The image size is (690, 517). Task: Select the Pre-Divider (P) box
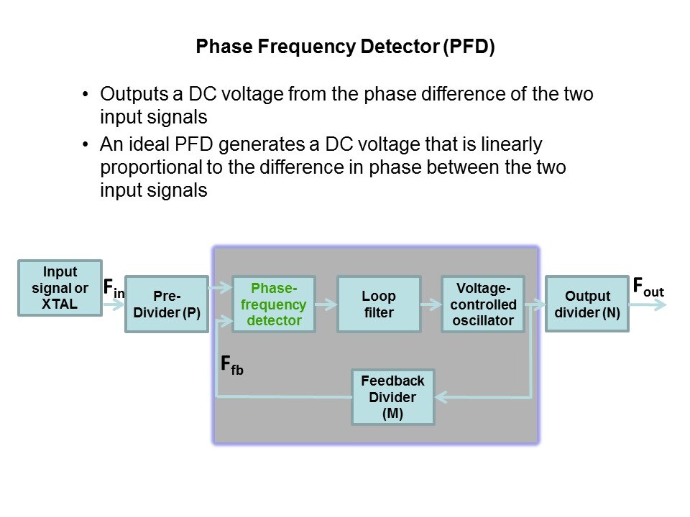(167, 304)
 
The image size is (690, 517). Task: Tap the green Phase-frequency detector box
(274, 304)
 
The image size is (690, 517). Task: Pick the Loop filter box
(379, 304)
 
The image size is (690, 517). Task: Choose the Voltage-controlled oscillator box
(483, 304)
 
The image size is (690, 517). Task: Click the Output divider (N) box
(587, 304)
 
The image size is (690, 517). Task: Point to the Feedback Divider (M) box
(393, 396)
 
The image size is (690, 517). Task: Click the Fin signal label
(114, 289)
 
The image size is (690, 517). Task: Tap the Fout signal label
(648, 287)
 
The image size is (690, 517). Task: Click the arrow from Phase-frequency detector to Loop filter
(326, 304)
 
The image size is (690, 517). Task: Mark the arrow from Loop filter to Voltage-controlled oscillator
(431, 304)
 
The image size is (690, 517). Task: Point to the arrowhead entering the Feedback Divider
(441, 396)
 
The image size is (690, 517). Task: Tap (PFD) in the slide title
(469, 49)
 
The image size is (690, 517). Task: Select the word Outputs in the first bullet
(129, 94)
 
